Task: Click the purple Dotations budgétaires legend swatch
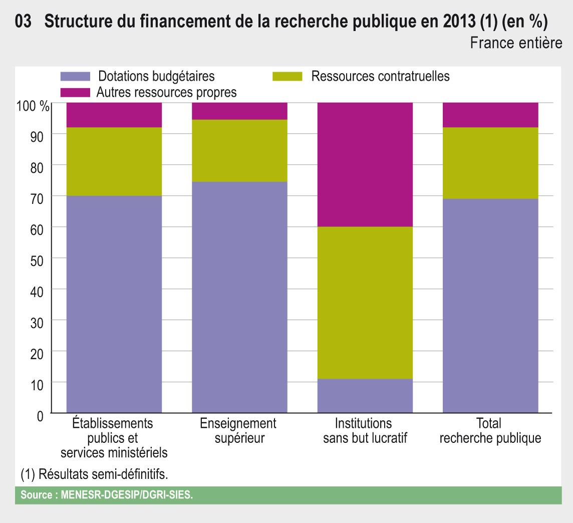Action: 75,77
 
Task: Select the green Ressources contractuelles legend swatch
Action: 288,77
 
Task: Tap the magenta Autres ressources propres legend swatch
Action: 75,93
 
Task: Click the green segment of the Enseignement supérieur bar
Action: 239,150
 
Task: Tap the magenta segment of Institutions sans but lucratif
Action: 365,164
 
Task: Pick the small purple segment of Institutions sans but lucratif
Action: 365,396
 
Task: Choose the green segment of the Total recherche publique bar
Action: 490,163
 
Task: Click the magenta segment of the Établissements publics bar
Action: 114,115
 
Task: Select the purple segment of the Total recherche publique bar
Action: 490,306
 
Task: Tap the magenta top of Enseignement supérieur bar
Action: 239,111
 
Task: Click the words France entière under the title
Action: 516,44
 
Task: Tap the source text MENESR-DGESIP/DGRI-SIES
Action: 106,495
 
